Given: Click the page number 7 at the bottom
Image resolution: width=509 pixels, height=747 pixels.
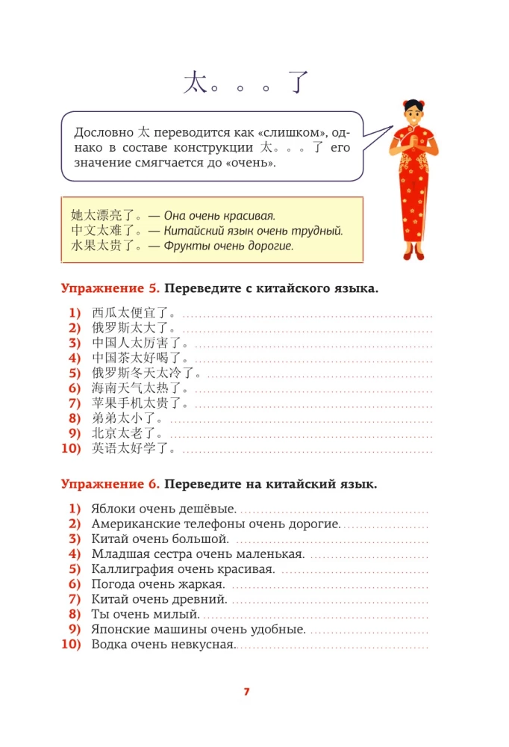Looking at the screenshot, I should pyautogui.click(x=246, y=691).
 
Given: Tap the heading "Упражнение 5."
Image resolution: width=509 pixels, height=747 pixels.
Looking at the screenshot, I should pyautogui.click(x=109, y=288).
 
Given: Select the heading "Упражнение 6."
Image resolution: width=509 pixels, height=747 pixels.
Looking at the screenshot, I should pyautogui.click(x=109, y=484).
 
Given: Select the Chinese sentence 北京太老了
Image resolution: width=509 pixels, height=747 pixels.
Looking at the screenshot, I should pyautogui.click(x=126, y=434).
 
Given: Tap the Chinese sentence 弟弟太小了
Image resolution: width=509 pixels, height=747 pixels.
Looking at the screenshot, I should pyautogui.click(x=126, y=418).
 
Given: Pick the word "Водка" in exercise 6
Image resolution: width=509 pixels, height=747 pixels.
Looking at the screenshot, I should pyautogui.click(x=109, y=645).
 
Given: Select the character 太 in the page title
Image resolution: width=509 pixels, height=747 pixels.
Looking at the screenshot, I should pyautogui.click(x=195, y=82).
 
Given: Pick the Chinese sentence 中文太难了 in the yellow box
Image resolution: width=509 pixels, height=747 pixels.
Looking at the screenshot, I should pyautogui.click(x=107, y=230).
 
